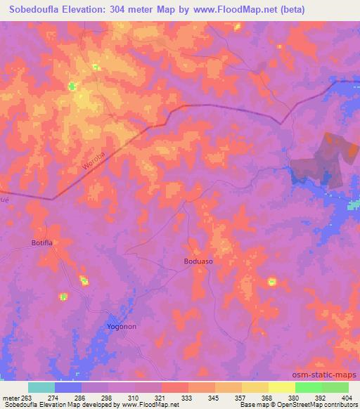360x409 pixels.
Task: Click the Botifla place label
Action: (x=43, y=242)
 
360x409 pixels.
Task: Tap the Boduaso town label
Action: (x=198, y=261)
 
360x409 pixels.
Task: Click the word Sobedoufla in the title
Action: (x=37, y=10)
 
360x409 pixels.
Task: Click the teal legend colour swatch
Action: (x=41, y=387)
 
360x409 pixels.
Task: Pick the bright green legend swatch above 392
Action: (x=308, y=387)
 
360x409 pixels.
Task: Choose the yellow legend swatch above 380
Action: (x=281, y=387)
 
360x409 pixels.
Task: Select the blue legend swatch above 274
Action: (x=68, y=387)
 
